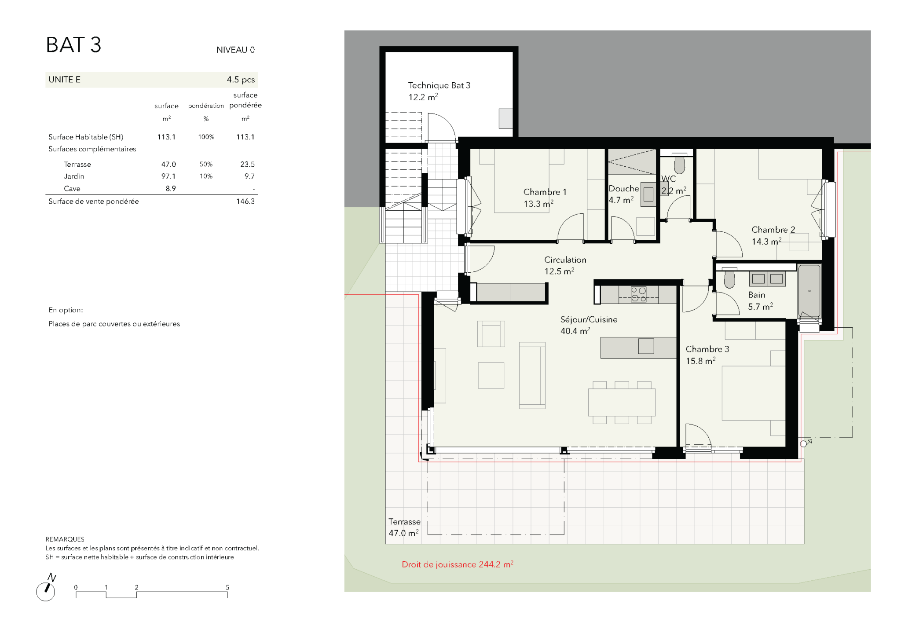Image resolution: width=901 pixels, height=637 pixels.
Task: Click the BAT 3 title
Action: coord(73,45)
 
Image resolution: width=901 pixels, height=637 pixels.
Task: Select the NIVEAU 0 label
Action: coord(235,50)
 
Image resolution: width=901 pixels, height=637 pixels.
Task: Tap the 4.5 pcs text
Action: coord(241,80)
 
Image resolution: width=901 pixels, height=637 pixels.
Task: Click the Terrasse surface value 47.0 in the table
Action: coord(168,164)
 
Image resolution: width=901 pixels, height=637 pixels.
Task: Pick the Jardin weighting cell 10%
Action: coord(206,176)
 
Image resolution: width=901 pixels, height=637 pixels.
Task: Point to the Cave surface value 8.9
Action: coord(171,188)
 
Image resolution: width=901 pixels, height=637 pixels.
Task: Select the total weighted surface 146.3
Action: coord(245,201)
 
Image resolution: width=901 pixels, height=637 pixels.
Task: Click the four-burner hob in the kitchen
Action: coord(638,294)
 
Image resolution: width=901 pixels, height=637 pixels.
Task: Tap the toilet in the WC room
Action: coord(680,164)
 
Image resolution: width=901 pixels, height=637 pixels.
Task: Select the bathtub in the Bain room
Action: coord(809,291)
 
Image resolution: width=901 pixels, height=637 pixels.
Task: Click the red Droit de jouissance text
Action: coord(458,564)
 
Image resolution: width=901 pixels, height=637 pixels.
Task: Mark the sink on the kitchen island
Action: coord(646,346)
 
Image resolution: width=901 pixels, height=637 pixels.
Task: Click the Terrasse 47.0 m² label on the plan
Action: coord(404,527)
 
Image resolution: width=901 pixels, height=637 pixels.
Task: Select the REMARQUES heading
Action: coord(65,539)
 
